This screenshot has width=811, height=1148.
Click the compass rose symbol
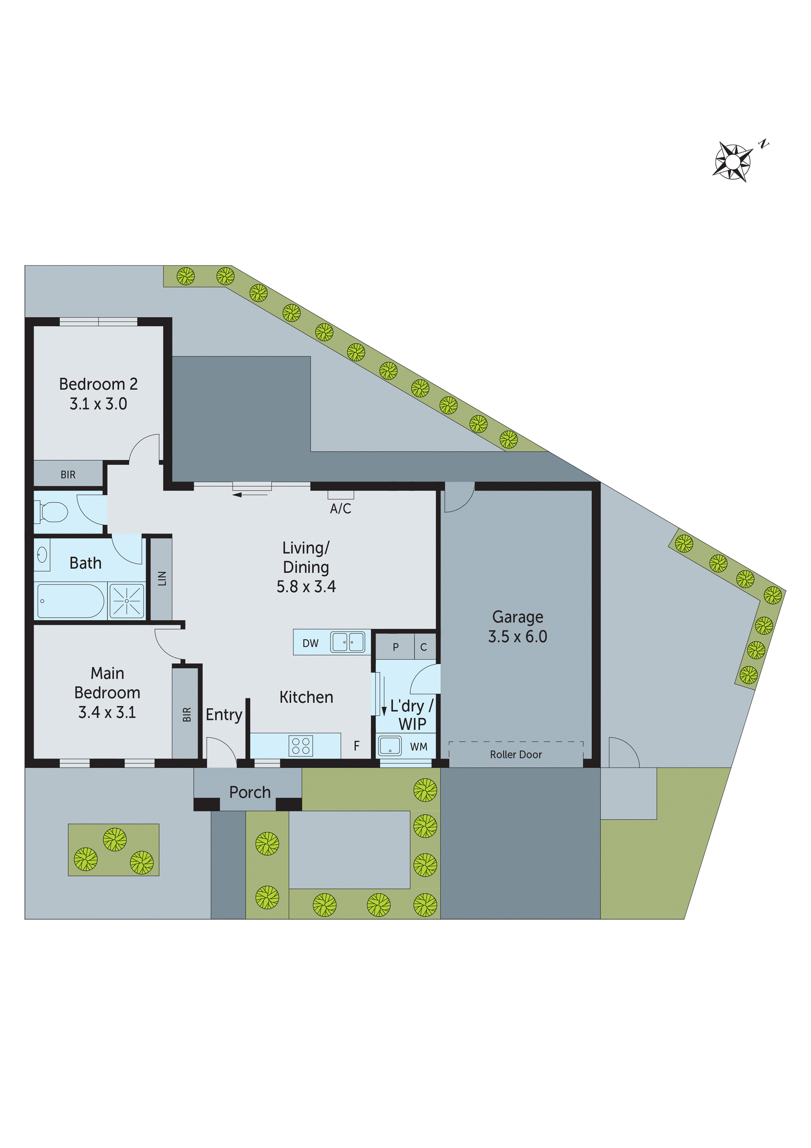point(733,162)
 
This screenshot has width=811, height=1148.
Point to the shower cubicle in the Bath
point(127,601)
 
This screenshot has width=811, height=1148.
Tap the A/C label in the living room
point(340,509)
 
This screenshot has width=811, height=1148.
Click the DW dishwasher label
point(310,643)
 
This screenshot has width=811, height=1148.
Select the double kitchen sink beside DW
point(348,642)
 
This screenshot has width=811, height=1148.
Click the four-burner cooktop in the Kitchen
point(301,745)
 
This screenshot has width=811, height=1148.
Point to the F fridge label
point(356,746)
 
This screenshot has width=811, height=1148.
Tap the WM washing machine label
point(418,746)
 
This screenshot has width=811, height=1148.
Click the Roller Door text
point(516,755)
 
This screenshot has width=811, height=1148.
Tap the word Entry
point(224,714)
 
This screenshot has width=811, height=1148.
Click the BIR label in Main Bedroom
point(187,714)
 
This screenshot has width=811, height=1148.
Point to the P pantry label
point(395,647)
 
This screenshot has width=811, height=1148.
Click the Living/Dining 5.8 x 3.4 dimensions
point(306,586)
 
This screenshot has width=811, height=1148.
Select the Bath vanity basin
point(42,554)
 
